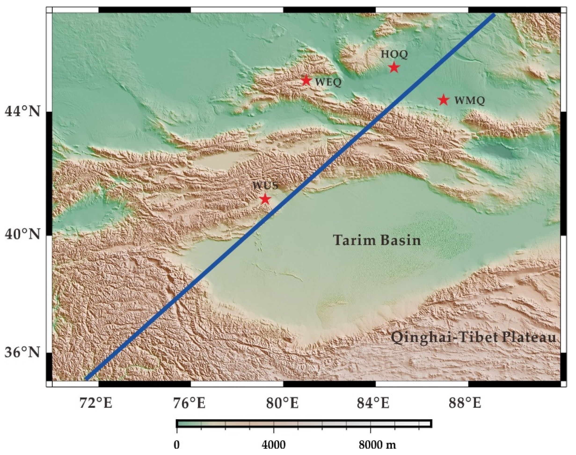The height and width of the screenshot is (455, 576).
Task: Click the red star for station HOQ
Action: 394,67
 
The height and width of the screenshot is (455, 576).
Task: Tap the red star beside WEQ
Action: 306,80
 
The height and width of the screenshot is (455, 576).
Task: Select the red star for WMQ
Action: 443,100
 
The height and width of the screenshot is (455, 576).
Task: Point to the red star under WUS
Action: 265,199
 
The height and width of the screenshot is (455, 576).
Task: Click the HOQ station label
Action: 394,54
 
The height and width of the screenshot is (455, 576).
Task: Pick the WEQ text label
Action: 328,82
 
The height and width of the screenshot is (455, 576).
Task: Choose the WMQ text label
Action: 469,101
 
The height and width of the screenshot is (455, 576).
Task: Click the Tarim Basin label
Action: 377,240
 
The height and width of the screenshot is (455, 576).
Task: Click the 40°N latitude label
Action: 22,235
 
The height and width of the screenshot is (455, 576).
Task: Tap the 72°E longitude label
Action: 96,403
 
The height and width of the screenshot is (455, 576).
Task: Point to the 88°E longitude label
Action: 465,403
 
